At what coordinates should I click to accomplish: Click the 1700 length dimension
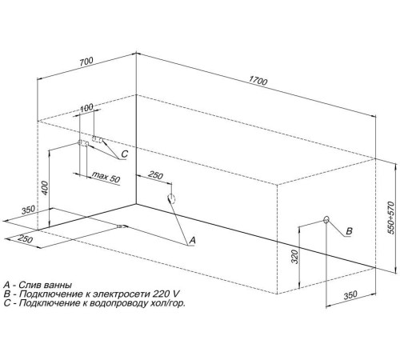click(x=258, y=81)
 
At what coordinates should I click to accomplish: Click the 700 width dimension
click(x=86, y=62)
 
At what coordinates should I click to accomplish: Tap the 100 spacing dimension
click(x=86, y=107)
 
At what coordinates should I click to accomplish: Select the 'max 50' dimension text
click(x=106, y=177)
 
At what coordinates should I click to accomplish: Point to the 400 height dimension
click(x=45, y=188)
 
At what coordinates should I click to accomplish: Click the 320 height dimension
click(x=294, y=257)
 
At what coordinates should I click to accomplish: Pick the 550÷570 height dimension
click(x=390, y=218)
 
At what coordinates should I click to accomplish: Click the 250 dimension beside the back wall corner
click(x=155, y=175)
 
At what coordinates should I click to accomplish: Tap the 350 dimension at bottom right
click(x=350, y=295)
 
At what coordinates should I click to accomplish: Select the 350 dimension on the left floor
click(x=28, y=210)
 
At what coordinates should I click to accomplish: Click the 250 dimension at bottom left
click(x=26, y=238)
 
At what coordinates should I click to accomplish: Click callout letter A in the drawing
click(x=192, y=240)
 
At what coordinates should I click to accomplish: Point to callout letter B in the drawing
click(x=349, y=231)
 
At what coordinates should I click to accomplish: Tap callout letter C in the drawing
click(x=125, y=154)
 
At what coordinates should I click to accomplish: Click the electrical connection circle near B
click(x=326, y=220)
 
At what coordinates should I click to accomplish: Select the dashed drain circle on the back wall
click(x=171, y=198)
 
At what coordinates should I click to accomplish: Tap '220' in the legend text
click(x=160, y=294)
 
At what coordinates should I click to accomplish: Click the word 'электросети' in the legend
click(x=122, y=294)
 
